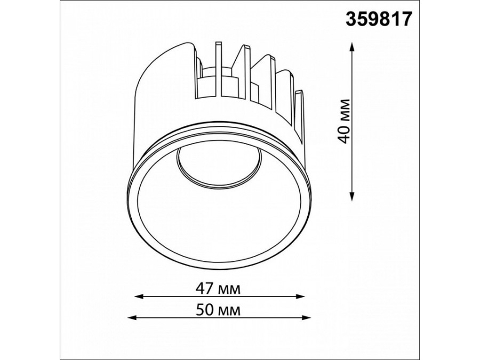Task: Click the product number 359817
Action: (x=379, y=19)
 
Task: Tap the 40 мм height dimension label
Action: (x=345, y=121)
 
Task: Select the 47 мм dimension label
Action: (x=218, y=289)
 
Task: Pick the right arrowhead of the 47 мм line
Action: (x=301, y=297)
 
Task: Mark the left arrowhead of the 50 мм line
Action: (x=132, y=318)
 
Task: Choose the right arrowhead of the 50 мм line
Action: (x=307, y=318)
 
